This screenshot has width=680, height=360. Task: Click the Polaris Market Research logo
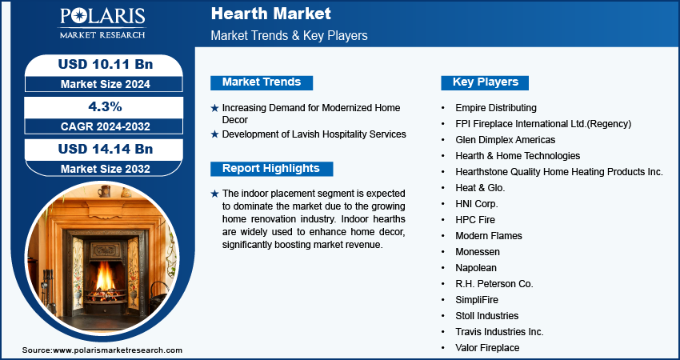pos(102,23)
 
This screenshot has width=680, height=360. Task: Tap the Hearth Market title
pos(271,14)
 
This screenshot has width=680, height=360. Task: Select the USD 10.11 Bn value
pos(106,64)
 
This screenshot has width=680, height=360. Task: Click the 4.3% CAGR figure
pos(106,106)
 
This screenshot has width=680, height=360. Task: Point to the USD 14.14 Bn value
pos(106,149)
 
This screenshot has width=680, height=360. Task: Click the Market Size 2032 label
pos(106,169)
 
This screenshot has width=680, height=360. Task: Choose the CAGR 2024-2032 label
pos(106,126)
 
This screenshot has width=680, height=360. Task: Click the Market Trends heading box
pos(262,82)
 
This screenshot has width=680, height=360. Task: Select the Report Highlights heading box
pos(271,169)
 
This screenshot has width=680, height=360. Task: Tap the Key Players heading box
pos(485,82)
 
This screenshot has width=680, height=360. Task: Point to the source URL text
pos(102,350)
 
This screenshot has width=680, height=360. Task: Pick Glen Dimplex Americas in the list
pos(506,140)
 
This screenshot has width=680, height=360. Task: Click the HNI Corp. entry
pos(477,203)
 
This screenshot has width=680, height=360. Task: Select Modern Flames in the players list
pos(489,235)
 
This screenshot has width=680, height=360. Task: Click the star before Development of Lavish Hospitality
pos(214,134)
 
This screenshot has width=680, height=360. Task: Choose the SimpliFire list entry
pos(477,300)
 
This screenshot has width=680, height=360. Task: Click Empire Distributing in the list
pos(496,107)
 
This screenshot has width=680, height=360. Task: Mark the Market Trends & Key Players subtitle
pos(290,35)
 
